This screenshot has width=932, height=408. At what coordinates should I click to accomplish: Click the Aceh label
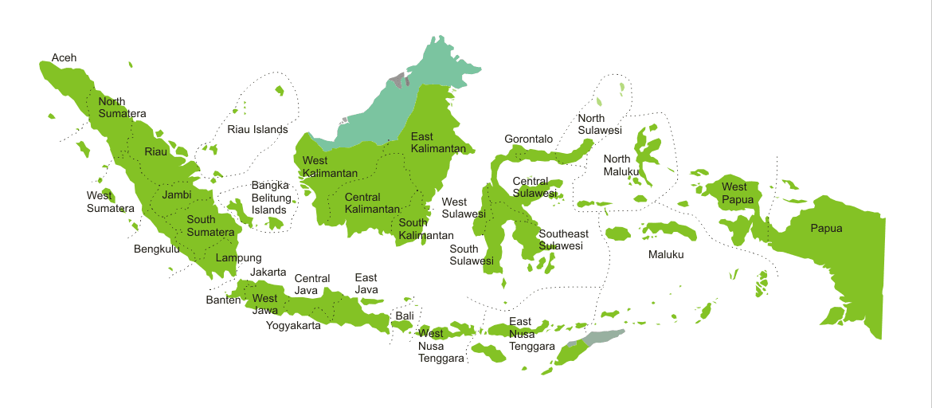[65, 58]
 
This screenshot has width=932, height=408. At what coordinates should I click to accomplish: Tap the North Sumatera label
[122, 108]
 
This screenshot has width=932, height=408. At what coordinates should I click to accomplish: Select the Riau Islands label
[257, 129]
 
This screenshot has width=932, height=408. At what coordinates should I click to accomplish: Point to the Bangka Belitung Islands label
[269, 198]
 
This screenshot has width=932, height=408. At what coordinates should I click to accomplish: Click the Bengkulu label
[157, 249]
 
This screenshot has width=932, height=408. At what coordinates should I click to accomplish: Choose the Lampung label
[238, 258]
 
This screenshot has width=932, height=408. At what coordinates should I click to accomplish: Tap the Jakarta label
[268, 273]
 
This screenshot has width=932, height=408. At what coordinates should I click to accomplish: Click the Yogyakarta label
[293, 325]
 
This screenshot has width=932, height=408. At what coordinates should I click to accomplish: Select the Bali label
[405, 316]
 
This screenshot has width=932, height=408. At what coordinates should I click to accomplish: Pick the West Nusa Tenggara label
[441, 346]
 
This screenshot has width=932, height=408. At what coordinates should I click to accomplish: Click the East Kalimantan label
[438, 143]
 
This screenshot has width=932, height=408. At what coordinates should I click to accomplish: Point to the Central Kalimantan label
[372, 203]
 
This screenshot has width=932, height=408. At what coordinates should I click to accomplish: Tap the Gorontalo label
[528, 139]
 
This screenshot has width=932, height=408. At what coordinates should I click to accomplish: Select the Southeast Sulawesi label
[563, 240]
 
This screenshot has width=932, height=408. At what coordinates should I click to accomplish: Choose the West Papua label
[734, 193]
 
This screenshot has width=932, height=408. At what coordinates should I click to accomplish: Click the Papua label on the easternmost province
[826, 229]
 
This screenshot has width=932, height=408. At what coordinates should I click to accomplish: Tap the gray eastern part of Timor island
[603, 338]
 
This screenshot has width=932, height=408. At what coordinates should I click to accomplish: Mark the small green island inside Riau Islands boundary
[280, 91]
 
